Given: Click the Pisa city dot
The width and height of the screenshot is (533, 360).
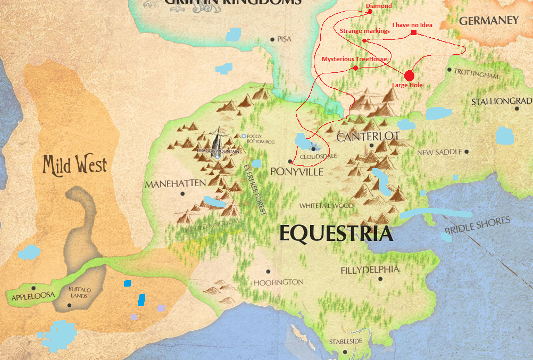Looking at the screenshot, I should (272, 39).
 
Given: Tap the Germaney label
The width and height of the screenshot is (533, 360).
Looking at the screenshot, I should (488, 21).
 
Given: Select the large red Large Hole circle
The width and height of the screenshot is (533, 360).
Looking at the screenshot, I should (409, 76).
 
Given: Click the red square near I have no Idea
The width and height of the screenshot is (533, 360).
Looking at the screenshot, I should (413, 34).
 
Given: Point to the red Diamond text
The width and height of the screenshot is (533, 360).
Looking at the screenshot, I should (379, 6).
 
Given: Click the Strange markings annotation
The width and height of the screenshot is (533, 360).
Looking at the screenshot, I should (365, 31).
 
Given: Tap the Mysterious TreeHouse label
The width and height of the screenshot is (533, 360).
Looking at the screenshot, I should (354, 59).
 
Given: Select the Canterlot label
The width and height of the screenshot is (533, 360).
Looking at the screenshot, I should (368, 137).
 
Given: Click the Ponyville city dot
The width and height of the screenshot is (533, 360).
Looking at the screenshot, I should (290, 161).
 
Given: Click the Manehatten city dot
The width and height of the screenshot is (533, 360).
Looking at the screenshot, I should (183, 194).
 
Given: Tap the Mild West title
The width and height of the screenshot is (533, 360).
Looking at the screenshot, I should (75, 165).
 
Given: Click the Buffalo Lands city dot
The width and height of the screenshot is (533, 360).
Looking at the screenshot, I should (70, 305).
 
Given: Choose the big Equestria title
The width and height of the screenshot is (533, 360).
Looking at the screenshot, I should (336, 234).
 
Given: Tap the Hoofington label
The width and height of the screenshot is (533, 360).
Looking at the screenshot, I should (278, 282).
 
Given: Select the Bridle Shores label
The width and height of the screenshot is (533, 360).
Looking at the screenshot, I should (477, 225).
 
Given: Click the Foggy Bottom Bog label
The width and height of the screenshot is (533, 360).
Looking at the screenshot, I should (260, 140).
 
